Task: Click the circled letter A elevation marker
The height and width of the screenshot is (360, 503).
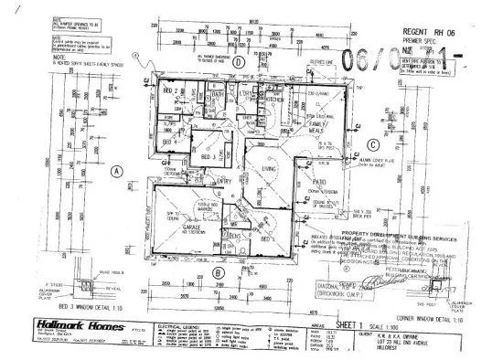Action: pyautogui.click(x=116, y=171)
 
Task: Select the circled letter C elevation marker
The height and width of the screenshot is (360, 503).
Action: pyautogui.click(x=372, y=144)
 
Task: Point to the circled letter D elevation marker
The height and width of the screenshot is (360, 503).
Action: pyautogui.click(x=237, y=62)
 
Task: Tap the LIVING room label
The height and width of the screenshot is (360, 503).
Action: pyautogui.click(x=266, y=170)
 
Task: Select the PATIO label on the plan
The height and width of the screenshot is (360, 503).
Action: pyautogui.click(x=320, y=181)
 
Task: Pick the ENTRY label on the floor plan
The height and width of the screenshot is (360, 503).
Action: pyautogui.click(x=224, y=181)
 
